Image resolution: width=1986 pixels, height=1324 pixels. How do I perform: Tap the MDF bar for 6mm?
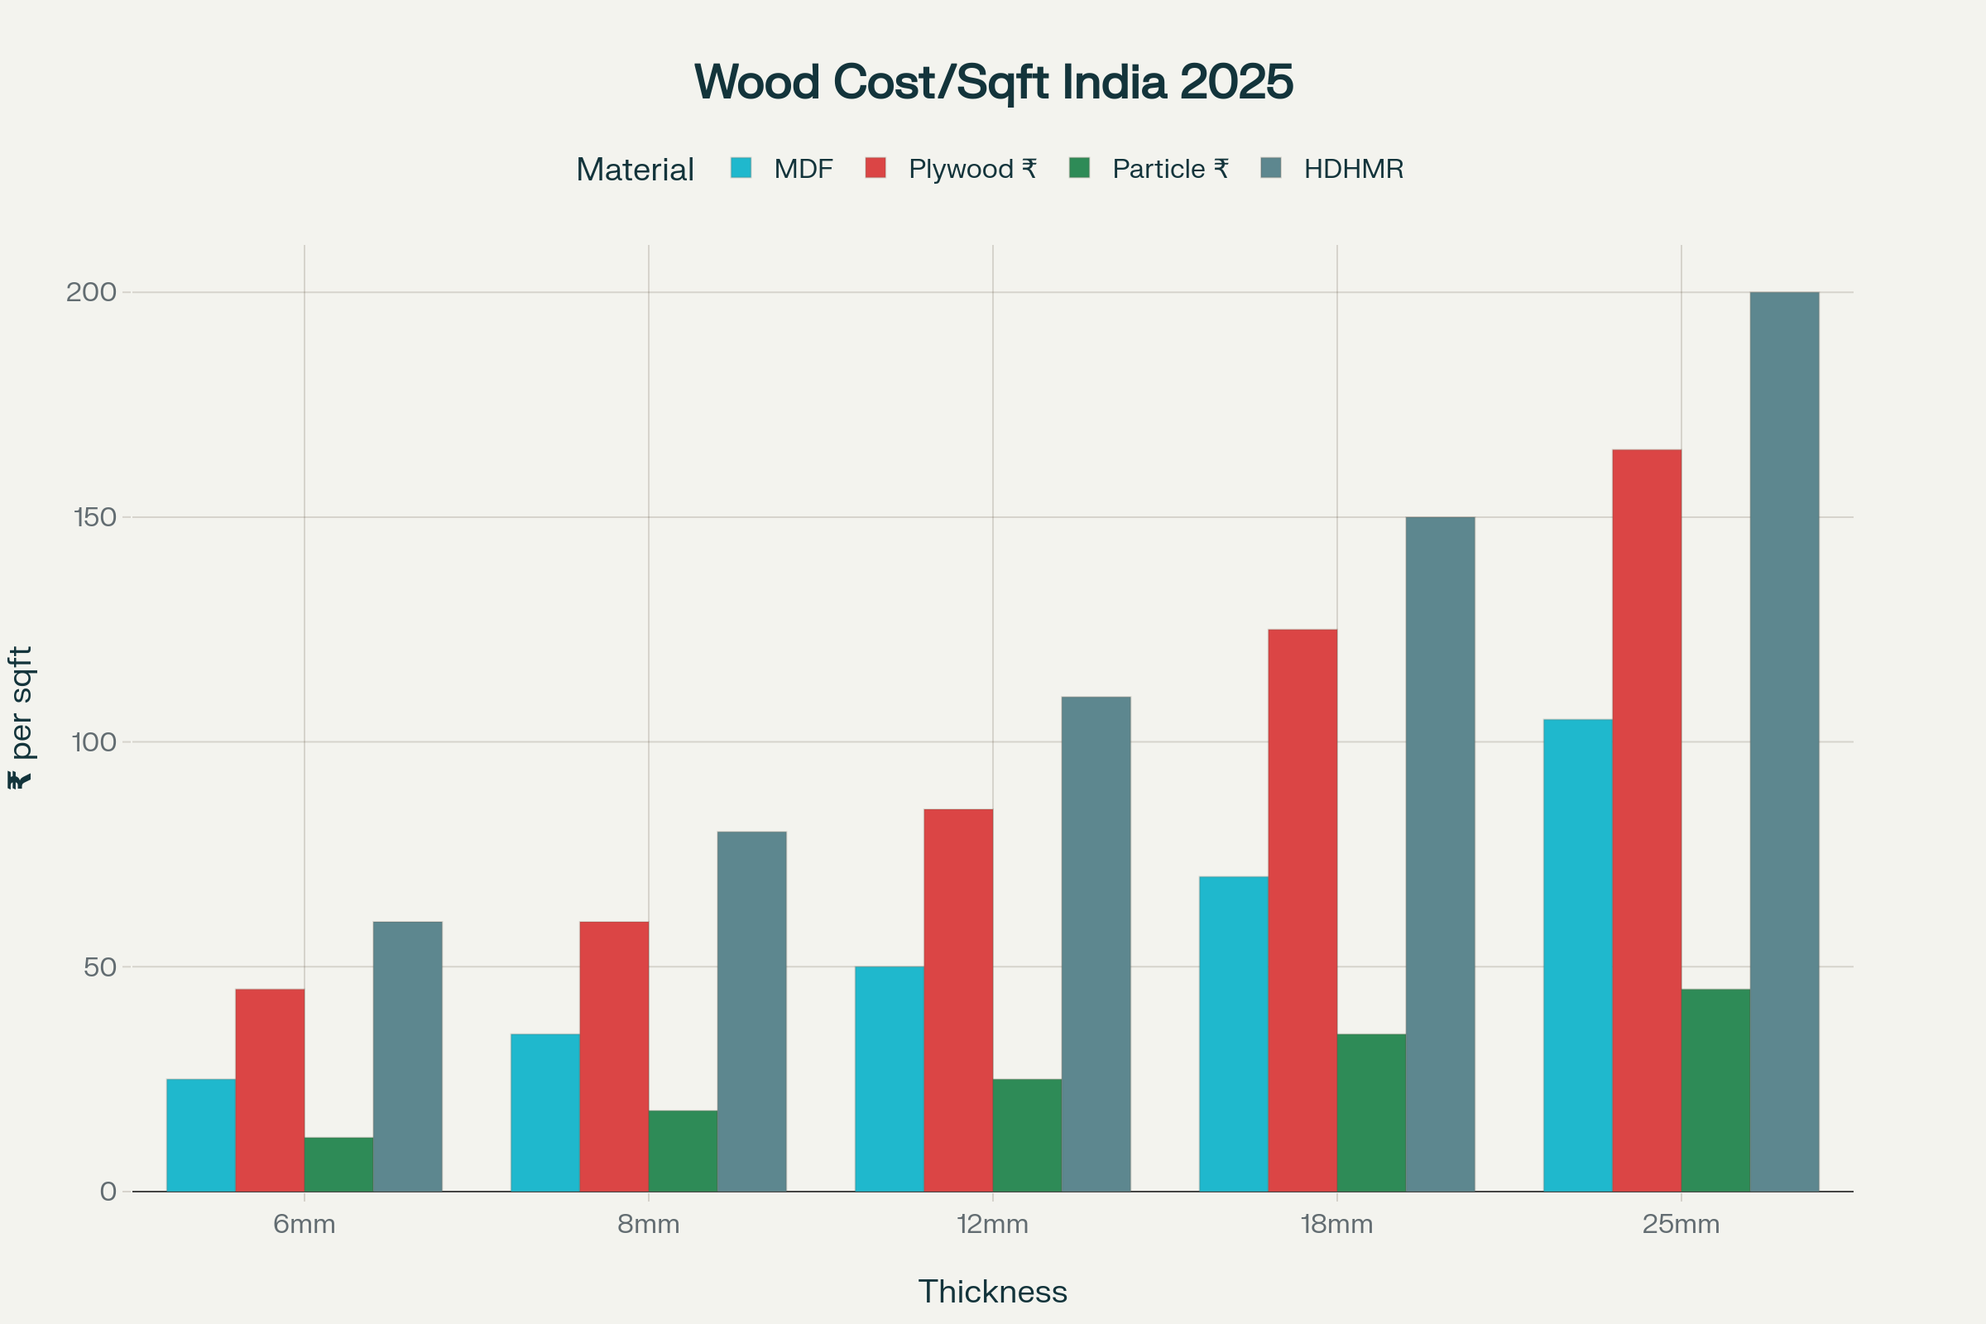tap(201, 1135)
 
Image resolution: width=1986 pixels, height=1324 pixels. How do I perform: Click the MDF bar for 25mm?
tap(1577, 955)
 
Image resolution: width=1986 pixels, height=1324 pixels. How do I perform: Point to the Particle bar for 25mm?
tap(1715, 1090)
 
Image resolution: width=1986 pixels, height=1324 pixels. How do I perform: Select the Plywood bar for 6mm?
tap(270, 1090)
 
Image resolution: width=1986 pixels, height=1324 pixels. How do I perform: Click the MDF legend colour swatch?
tap(741, 168)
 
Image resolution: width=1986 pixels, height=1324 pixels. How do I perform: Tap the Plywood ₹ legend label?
tap(971, 169)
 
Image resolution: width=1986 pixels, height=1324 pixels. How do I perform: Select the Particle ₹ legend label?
tap(1169, 169)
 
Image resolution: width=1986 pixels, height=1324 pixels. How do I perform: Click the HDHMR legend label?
tap(1353, 169)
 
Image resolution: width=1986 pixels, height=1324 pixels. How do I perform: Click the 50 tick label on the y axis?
tap(99, 967)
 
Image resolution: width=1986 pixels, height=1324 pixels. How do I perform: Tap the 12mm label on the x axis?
tap(992, 1225)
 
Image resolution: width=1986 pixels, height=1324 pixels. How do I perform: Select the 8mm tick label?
tap(648, 1225)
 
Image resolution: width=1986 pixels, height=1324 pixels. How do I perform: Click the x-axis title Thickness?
tap(992, 1292)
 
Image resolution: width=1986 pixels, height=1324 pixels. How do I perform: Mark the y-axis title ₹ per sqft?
tap(20, 717)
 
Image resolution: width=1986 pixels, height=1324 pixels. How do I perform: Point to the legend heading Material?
tap(634, 170)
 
